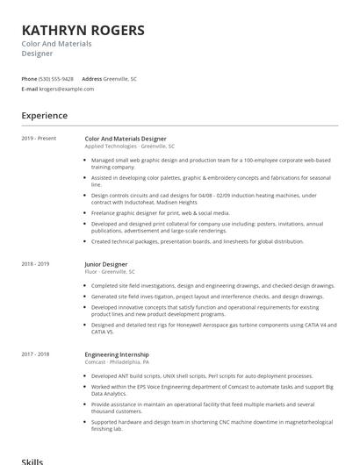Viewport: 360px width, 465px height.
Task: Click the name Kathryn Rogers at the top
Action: tap(83, 30)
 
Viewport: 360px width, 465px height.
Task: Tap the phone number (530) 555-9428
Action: tap(57, 79)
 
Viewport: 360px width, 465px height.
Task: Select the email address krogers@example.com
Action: tap(67, 89)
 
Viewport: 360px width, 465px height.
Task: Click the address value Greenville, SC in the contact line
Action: tap(120, 79)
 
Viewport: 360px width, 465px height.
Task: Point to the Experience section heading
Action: tap(44, 116)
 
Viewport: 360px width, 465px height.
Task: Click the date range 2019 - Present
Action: tap(39, 139)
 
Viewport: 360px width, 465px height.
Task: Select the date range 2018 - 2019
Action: tap(36, 264)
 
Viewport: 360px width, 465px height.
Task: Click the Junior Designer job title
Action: tap(106, 264)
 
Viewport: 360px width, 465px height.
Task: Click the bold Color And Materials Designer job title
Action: tap(126, 139)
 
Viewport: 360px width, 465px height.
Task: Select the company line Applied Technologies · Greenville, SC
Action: tap(130, 147)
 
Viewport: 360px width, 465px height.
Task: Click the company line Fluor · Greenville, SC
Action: tap(110, 272)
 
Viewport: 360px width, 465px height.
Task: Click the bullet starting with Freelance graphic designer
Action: tap(161, 212)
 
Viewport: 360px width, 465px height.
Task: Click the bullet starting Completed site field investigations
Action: tap(212, 286)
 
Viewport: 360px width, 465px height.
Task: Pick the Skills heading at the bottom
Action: tap(32, 461)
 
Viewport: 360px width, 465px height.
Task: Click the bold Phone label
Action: tap(30, 79)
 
